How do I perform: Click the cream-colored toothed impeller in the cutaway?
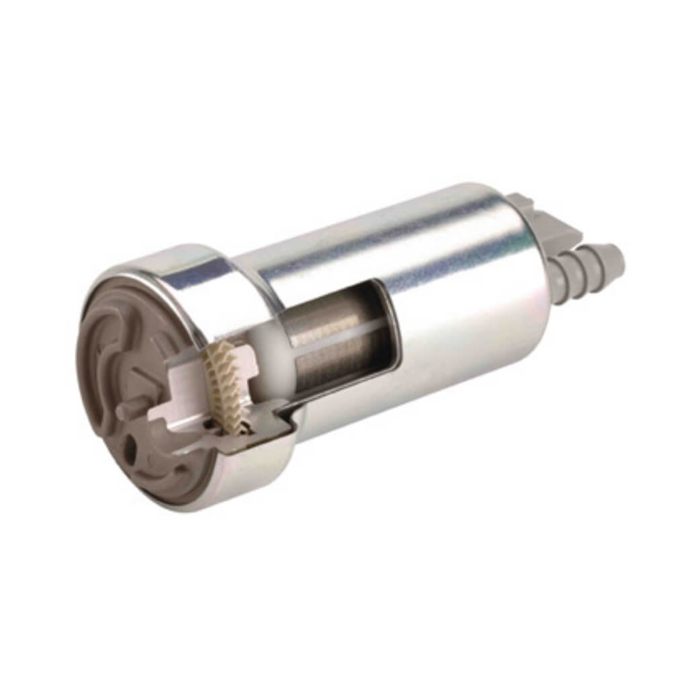tap(224, 380)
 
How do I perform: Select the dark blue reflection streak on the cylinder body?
tap(376, 228)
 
